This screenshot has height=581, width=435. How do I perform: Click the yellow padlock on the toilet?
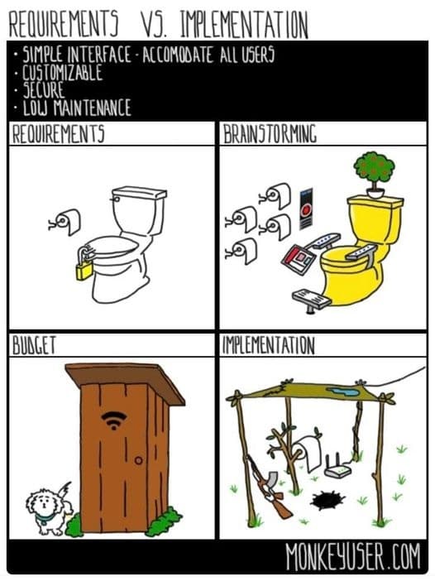84,270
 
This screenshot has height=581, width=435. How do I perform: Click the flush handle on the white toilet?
115,199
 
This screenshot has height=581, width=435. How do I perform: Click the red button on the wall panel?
306,211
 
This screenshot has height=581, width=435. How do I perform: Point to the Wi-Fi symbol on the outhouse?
114,420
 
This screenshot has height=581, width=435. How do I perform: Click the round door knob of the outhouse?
138,460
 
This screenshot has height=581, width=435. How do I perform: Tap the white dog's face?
42,503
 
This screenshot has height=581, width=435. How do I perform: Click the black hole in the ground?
327,500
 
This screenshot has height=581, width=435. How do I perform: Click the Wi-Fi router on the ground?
337,468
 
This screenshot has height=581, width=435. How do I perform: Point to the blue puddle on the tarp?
343,391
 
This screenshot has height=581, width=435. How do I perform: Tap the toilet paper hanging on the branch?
308,453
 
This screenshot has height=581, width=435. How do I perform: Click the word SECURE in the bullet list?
44,89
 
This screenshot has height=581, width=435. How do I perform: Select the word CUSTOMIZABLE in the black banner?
62,72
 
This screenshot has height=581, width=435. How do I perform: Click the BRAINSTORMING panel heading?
270,134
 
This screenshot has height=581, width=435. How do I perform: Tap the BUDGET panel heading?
34,346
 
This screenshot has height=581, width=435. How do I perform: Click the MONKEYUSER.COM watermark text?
353,557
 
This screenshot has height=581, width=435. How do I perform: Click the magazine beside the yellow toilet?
299,259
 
